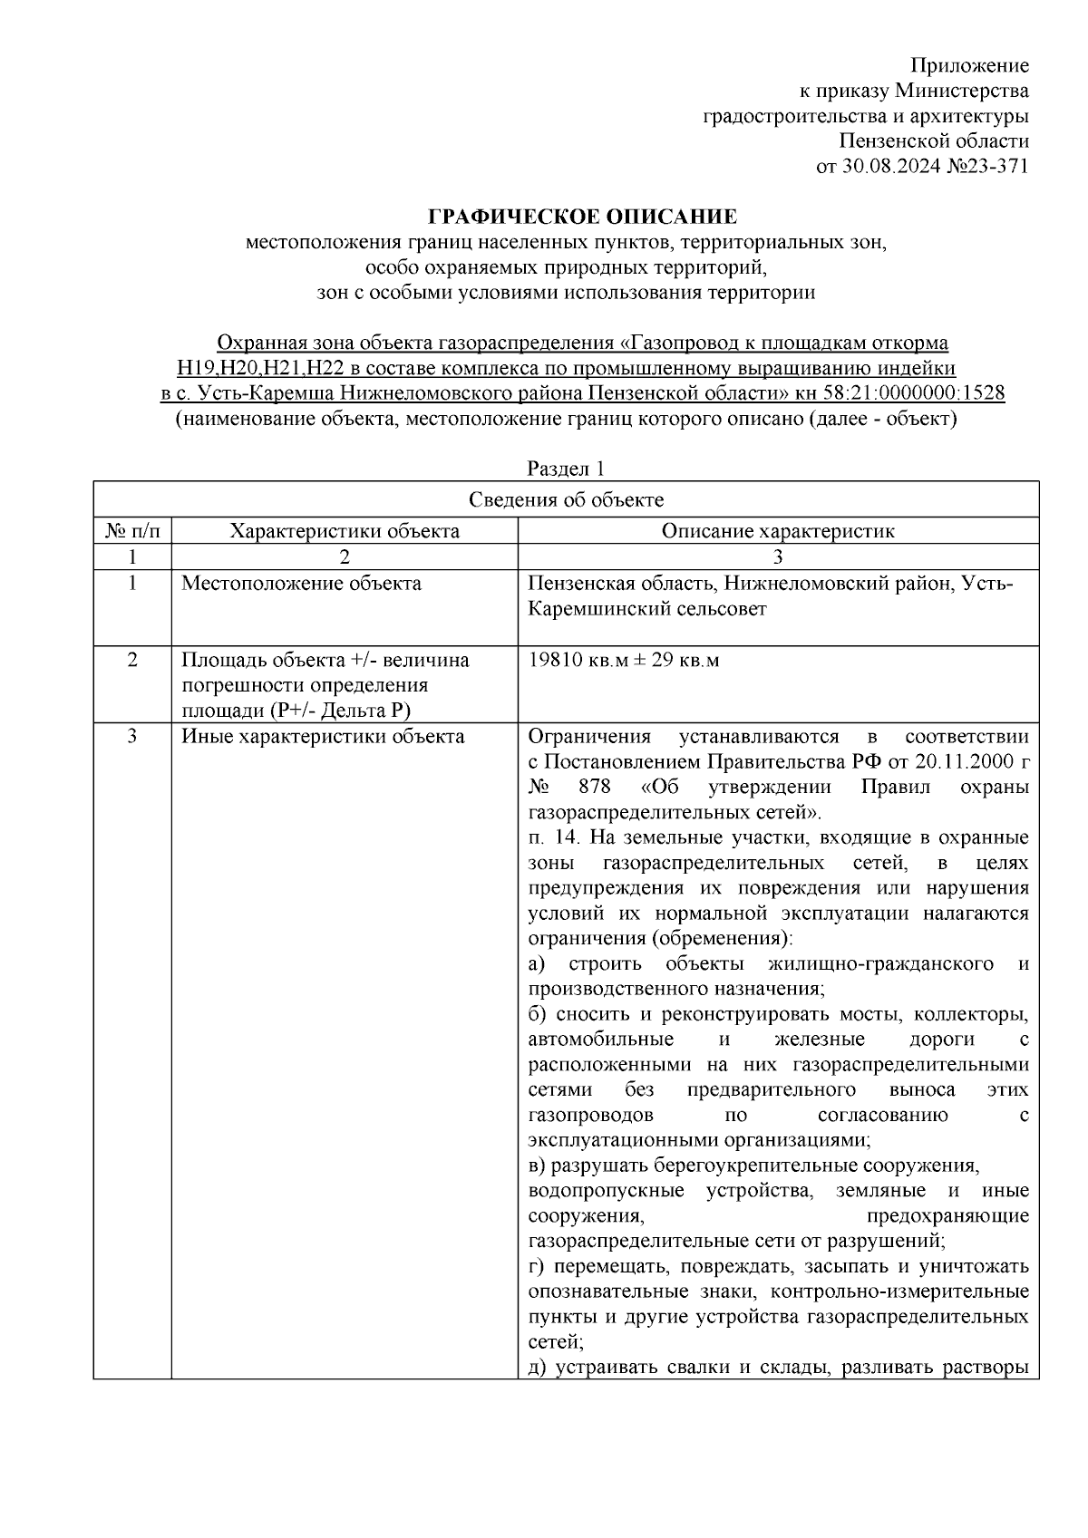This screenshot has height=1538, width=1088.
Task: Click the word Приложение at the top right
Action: (x=969, y=65)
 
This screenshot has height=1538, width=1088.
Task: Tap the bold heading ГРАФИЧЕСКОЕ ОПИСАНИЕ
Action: (x=582, y=217)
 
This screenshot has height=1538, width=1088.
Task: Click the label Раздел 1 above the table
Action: (x=566, y=468)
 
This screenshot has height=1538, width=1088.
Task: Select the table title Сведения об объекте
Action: (x=566, y=499)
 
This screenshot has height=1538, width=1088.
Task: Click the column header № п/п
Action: (x=132, y=531)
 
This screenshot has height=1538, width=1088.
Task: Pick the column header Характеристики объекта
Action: (x=345, y=531)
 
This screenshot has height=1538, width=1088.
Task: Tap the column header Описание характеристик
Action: (x=777, y=531)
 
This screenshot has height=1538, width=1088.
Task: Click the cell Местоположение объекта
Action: (x=301, y=584)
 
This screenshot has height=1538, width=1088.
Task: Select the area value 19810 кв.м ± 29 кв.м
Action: (x=623, y=660)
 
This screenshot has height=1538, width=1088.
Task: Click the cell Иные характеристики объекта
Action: (x=323, y=737)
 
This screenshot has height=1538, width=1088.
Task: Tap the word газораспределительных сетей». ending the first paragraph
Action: (x=675, y=812)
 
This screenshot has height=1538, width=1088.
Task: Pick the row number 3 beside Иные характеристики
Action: (x=132, y=737)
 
